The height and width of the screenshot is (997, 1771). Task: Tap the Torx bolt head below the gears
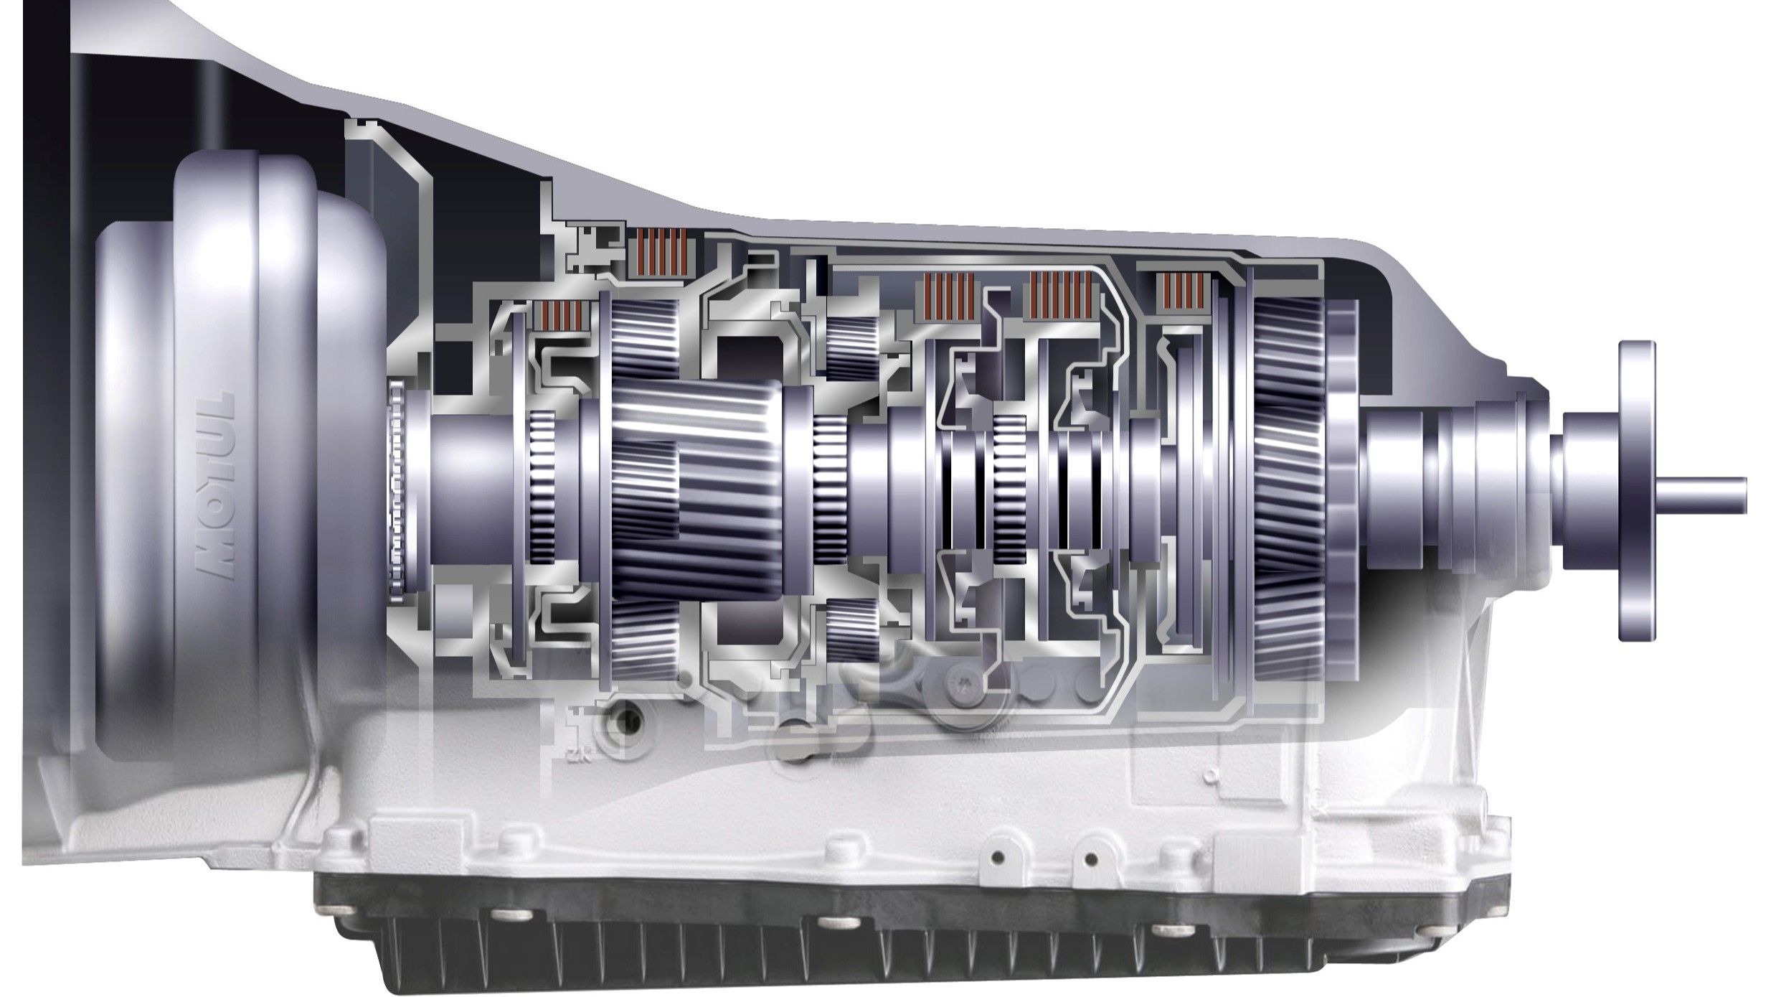tap(960, 683)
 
